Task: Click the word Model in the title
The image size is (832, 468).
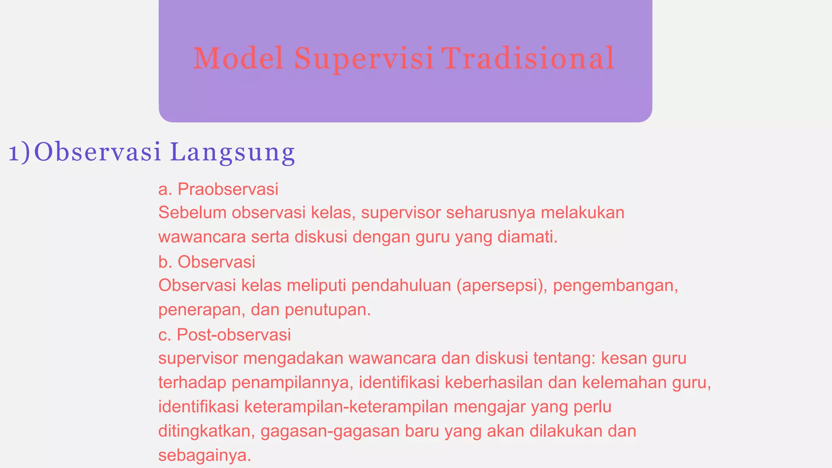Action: pos(238,58)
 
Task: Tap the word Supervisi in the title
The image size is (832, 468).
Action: pos(364,59)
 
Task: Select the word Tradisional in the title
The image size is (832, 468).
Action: pos(528,58)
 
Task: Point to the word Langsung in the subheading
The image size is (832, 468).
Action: pos(232,153)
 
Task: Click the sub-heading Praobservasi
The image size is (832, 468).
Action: pos(228,189)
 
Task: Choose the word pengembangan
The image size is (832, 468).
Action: pos(615,286)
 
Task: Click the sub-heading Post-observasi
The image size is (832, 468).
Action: pos(234,334)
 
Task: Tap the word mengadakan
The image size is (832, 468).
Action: pos(294,359)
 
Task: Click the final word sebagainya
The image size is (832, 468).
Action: pos(205,455)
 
